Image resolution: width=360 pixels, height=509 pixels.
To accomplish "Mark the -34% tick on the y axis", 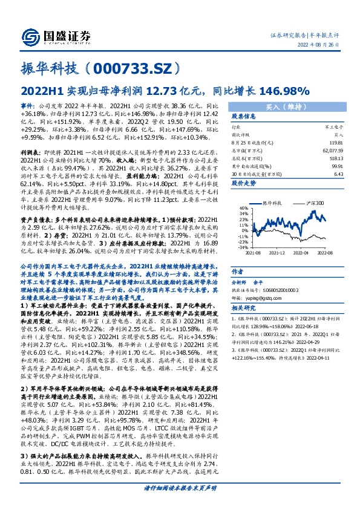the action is [x=241, y=247].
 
